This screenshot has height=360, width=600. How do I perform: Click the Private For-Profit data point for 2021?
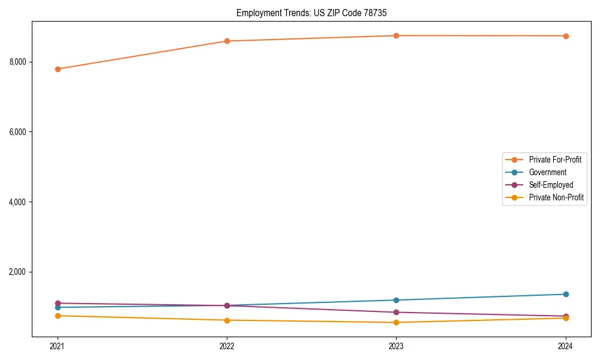pyautogui.click(x=58, y=69)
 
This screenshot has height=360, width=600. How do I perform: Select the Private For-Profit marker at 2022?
pyautogui.click(x=227, y=41)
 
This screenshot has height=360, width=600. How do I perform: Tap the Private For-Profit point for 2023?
pyautogui.click(x=396, y=35)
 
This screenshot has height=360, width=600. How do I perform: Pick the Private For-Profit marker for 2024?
pyautogui.click(x=566, y=36)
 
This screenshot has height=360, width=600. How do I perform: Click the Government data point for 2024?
pyautogui.click(x=566, y=294)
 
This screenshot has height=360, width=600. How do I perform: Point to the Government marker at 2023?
pyautogui.click(x=396, y=300)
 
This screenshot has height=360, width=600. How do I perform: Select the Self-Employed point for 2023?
pyautogui.click(x=396, y=312)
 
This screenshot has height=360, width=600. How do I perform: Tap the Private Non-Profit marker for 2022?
pyautogui.click(x=227, y=320)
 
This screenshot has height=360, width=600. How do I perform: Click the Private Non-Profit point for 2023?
pyautogui.click(x=396, y=322)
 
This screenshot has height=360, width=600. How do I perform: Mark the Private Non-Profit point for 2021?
pyautogui.click(x=58, y=316)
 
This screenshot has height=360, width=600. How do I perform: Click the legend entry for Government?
pyautogui.click(x=547, y=172)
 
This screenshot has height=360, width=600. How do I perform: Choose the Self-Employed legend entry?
pyautogui.click(x=551, y=185)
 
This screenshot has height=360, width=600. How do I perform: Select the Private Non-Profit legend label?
pyautogui.click(x=556, y=197)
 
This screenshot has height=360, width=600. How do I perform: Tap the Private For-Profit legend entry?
pyautogui.click(x=555, y=160)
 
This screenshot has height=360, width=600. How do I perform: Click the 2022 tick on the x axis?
pyautogui.click(x=227, y=346)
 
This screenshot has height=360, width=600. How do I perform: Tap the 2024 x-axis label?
pyautogui.click(x=566, y=346)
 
